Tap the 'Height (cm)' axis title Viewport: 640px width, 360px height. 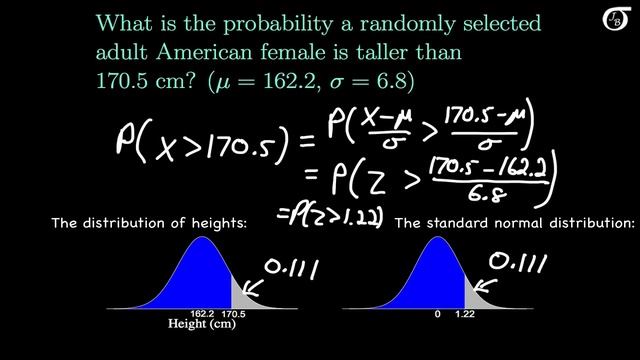pyautogui.click(x=207, y=325)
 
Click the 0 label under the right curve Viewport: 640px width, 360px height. pyautogui.click(x=437, y=313)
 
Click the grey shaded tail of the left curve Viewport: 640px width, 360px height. pyautogui.click(x=240, y=295)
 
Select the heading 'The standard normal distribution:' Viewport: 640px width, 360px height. pyautogui.click(x=515, y=224)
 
